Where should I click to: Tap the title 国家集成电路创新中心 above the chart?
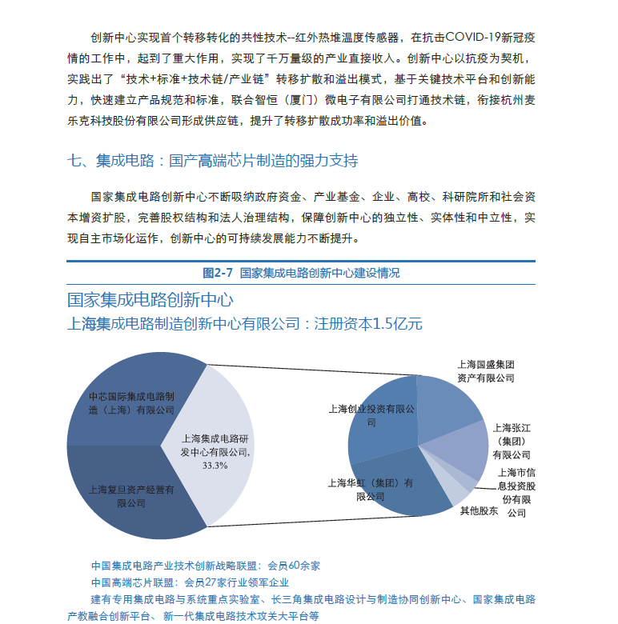[150, 300]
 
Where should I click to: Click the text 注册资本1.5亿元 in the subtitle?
[367, 324]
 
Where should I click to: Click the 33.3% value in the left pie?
[215, 465]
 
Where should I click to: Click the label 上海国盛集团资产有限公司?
[485, 371]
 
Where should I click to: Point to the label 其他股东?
[479, 510]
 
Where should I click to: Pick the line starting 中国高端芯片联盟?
[190, 582]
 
